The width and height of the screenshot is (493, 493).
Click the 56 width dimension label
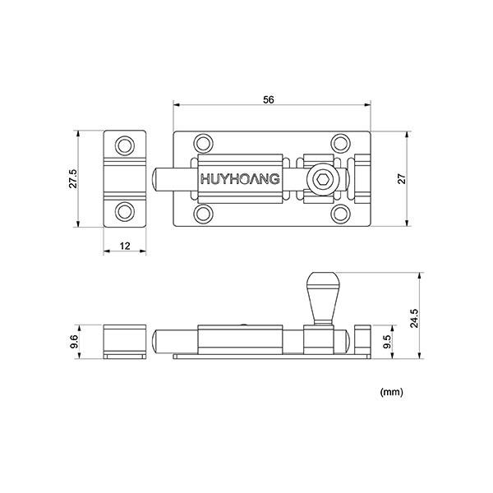(269, 99)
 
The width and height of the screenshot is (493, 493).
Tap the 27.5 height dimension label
(73, 178)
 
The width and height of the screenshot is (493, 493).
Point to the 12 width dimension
(124, 246)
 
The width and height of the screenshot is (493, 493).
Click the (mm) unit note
(391, 393)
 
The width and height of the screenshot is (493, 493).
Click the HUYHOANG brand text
(240, 179)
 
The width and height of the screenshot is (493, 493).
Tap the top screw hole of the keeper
(124, 145)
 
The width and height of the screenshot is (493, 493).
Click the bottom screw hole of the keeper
(124, 210)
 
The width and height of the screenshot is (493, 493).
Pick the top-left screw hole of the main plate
(203, 143)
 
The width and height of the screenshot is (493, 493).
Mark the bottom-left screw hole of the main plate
(203, 214)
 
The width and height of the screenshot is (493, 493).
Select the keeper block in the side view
(124, 341)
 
